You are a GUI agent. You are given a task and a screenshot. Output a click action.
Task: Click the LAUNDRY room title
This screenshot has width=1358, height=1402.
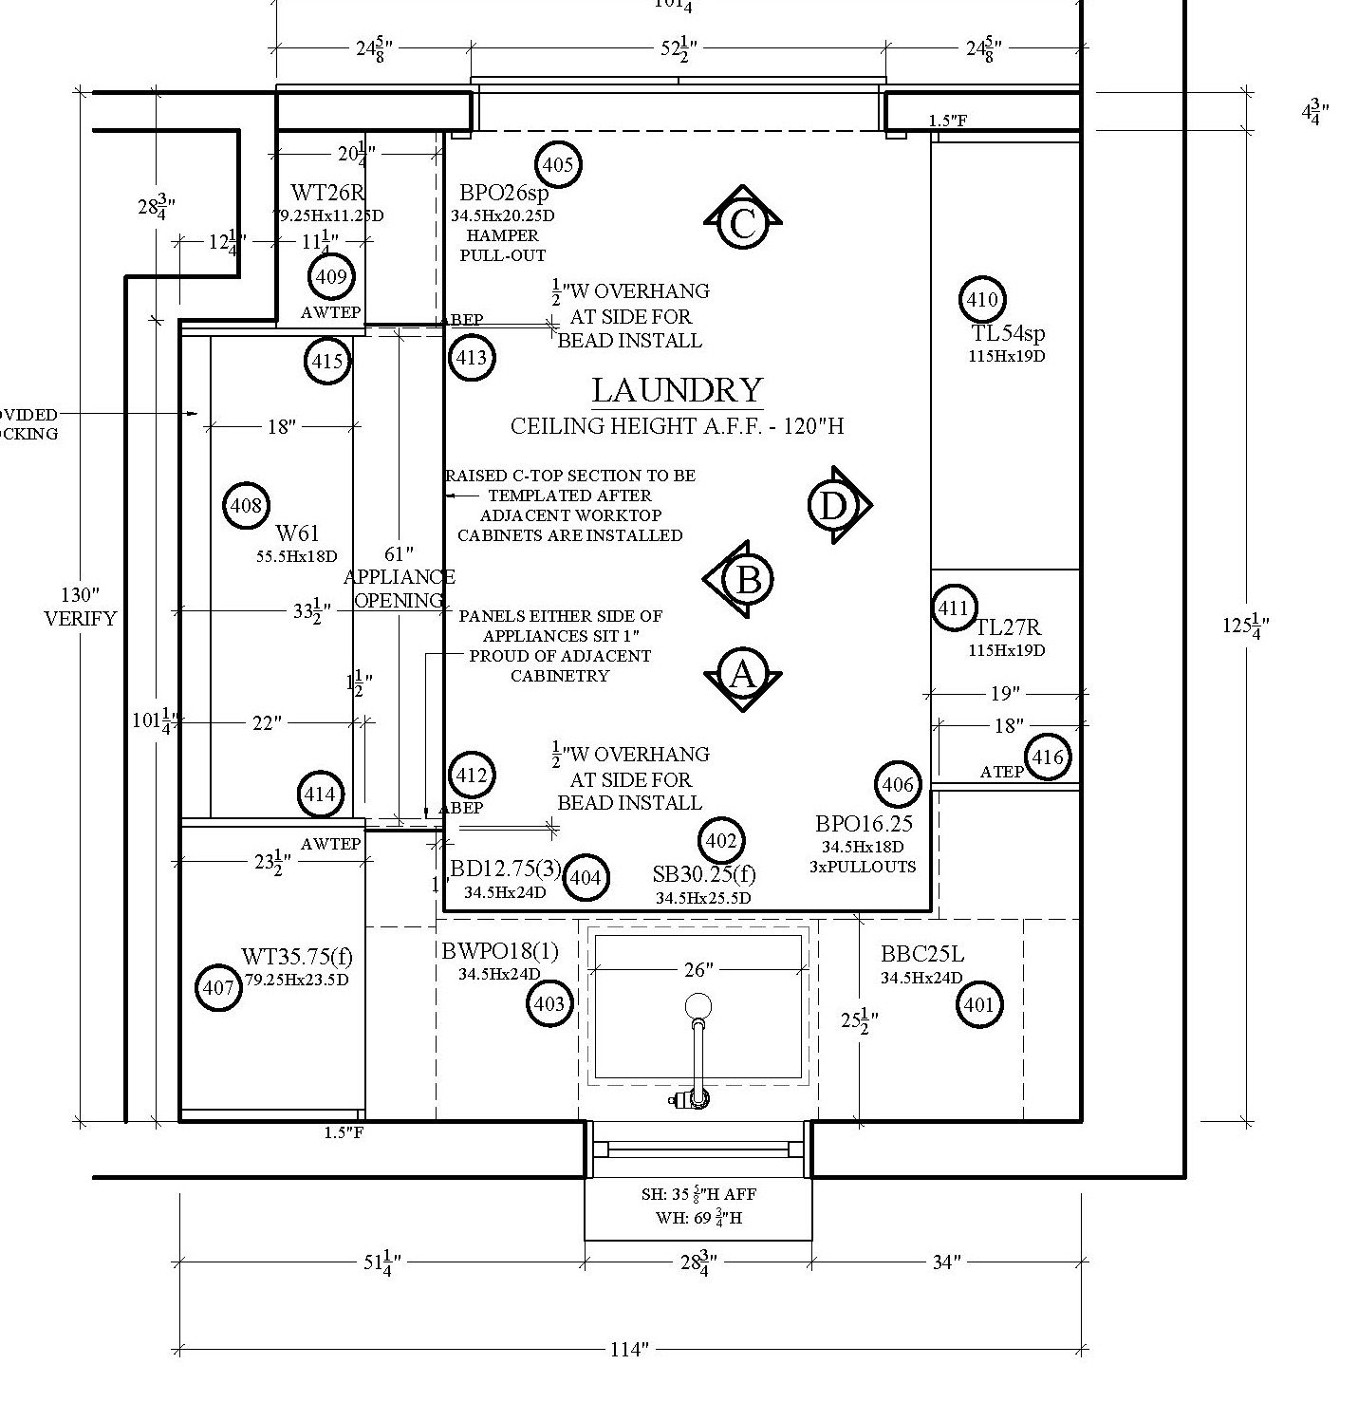click(x=677, y=390)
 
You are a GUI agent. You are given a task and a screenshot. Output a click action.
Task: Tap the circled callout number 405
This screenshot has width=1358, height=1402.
click(x=558, y=165)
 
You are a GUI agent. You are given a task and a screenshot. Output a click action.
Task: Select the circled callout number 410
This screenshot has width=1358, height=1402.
click(x=981, y=300)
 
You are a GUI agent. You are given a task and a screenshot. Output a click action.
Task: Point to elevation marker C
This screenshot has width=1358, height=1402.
click(x=742, y=224)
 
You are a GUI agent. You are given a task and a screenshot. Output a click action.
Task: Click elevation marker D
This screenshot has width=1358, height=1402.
click(x=833, y=505)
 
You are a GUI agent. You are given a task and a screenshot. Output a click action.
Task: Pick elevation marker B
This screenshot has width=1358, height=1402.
click(x=748, y=580)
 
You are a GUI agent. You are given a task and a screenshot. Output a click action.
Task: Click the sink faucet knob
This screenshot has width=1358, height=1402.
click(x=698, y=1006)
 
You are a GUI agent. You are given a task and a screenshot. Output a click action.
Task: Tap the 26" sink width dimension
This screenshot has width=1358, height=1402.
click(x=698, y=969)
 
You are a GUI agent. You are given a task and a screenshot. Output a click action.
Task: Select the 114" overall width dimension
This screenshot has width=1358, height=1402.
click(x=628, y=1349)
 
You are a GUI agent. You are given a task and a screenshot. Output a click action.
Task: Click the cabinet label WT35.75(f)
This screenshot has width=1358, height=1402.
click(x=297, y=956)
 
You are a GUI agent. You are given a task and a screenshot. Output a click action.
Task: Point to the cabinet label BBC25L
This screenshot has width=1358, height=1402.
click(x=921, y=954)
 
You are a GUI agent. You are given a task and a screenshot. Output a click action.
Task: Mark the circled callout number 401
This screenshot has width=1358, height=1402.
click(x=978, y=1004)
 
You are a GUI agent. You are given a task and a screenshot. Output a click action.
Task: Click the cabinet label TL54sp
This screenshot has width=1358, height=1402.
click(x=1008, y=333)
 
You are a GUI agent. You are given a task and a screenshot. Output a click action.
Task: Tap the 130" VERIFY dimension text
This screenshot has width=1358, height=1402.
click(x=81, y=607)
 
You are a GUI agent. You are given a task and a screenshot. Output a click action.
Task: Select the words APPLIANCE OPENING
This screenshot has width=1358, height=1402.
click(x=399, y=589)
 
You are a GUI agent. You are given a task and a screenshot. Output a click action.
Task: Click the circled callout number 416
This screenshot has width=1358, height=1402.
click(x=1048, y=757)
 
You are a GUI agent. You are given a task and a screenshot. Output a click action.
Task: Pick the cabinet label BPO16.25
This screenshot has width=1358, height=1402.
click(x=864, y=824)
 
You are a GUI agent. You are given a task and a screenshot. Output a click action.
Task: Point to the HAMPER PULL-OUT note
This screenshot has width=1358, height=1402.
click(x=503, y=245)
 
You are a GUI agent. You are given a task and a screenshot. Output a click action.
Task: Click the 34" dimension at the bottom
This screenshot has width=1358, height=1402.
click(x=946, y=1262)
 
